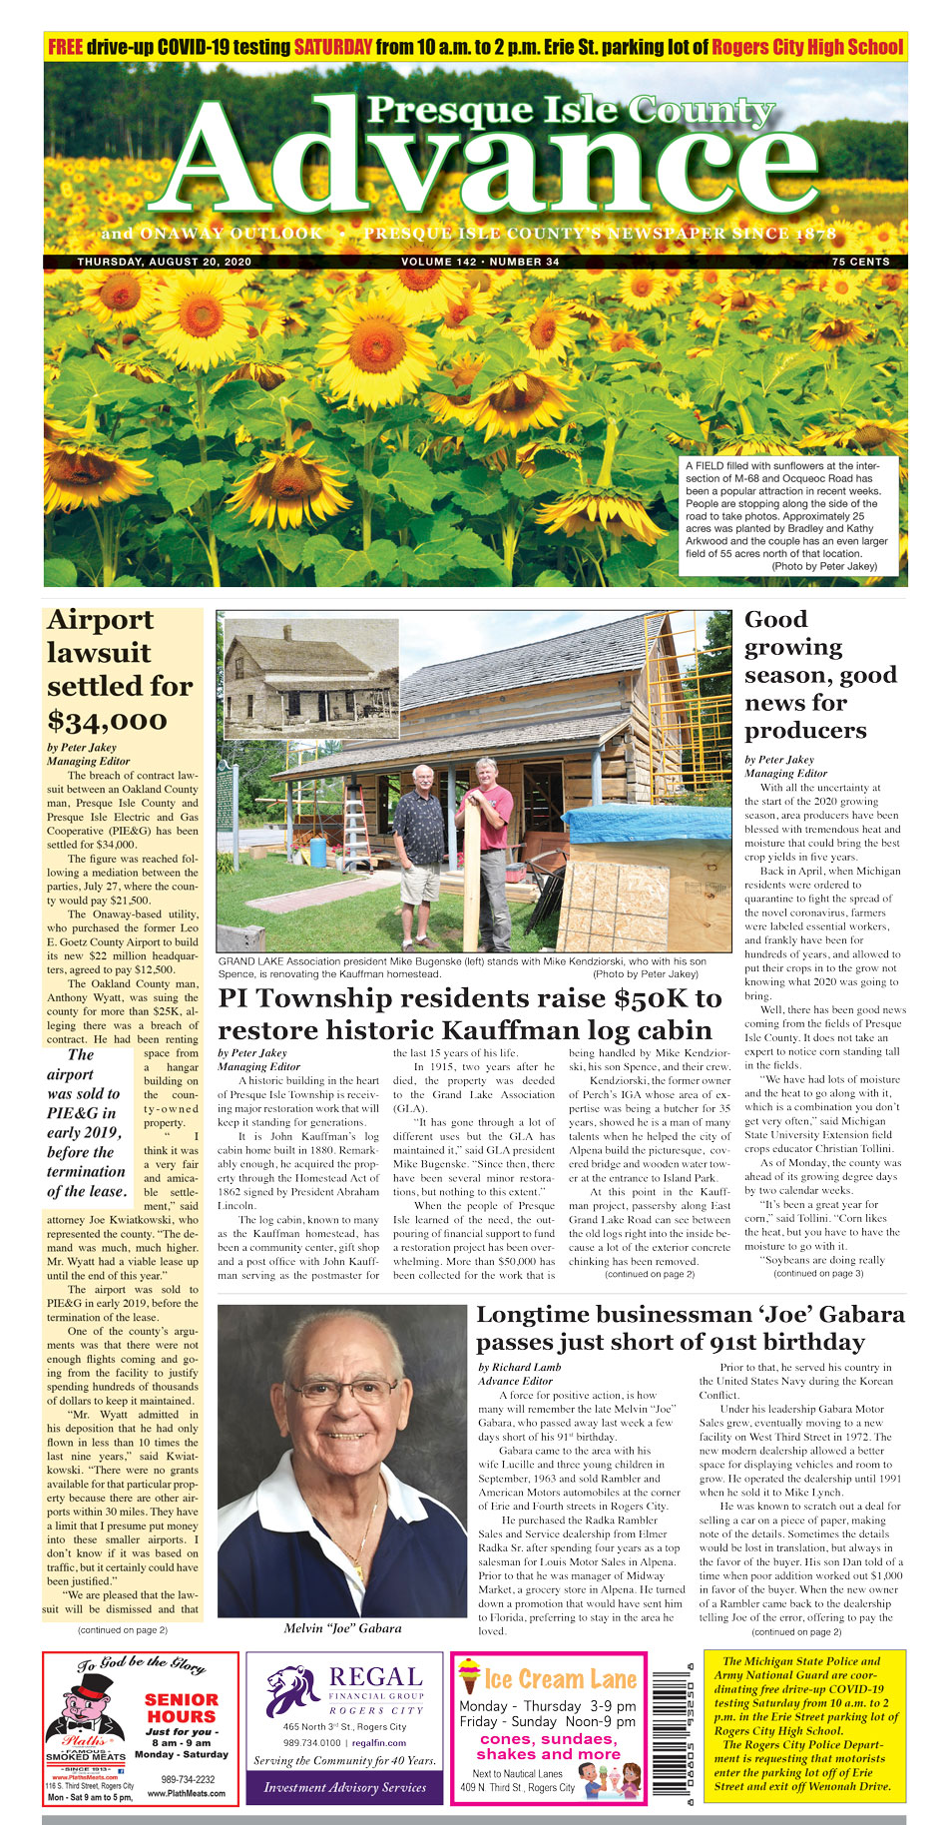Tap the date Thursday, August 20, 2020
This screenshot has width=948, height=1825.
(x=164, y=263)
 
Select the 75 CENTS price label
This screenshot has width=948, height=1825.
(x=860, y=263)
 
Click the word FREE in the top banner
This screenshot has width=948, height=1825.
(x=65, y=47)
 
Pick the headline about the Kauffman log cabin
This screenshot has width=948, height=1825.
(x=469, y=1013)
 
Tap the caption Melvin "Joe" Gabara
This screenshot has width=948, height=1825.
(x=342, y=1628)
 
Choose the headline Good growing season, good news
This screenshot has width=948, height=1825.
(x=820, y=675)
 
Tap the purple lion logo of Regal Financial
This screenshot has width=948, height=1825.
(x=291, y=1690)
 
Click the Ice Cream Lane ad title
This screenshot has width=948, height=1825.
(x=548, y=1679)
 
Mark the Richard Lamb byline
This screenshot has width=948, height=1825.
(x=520, y=1367)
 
